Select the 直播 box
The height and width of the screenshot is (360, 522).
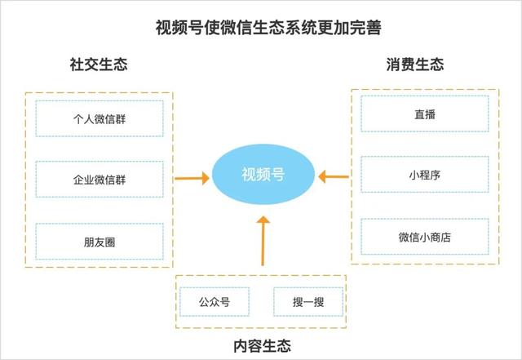coord(424,114)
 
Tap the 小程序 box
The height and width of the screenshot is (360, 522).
coord(424,175)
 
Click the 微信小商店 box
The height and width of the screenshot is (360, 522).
coord(424,237)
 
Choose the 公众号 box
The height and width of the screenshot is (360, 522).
coord(215,303)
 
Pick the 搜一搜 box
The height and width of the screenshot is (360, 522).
coord(307,303)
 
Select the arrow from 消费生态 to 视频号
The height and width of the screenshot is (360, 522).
coord(334,175)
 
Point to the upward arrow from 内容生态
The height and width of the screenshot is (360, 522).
coord(262,241)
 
